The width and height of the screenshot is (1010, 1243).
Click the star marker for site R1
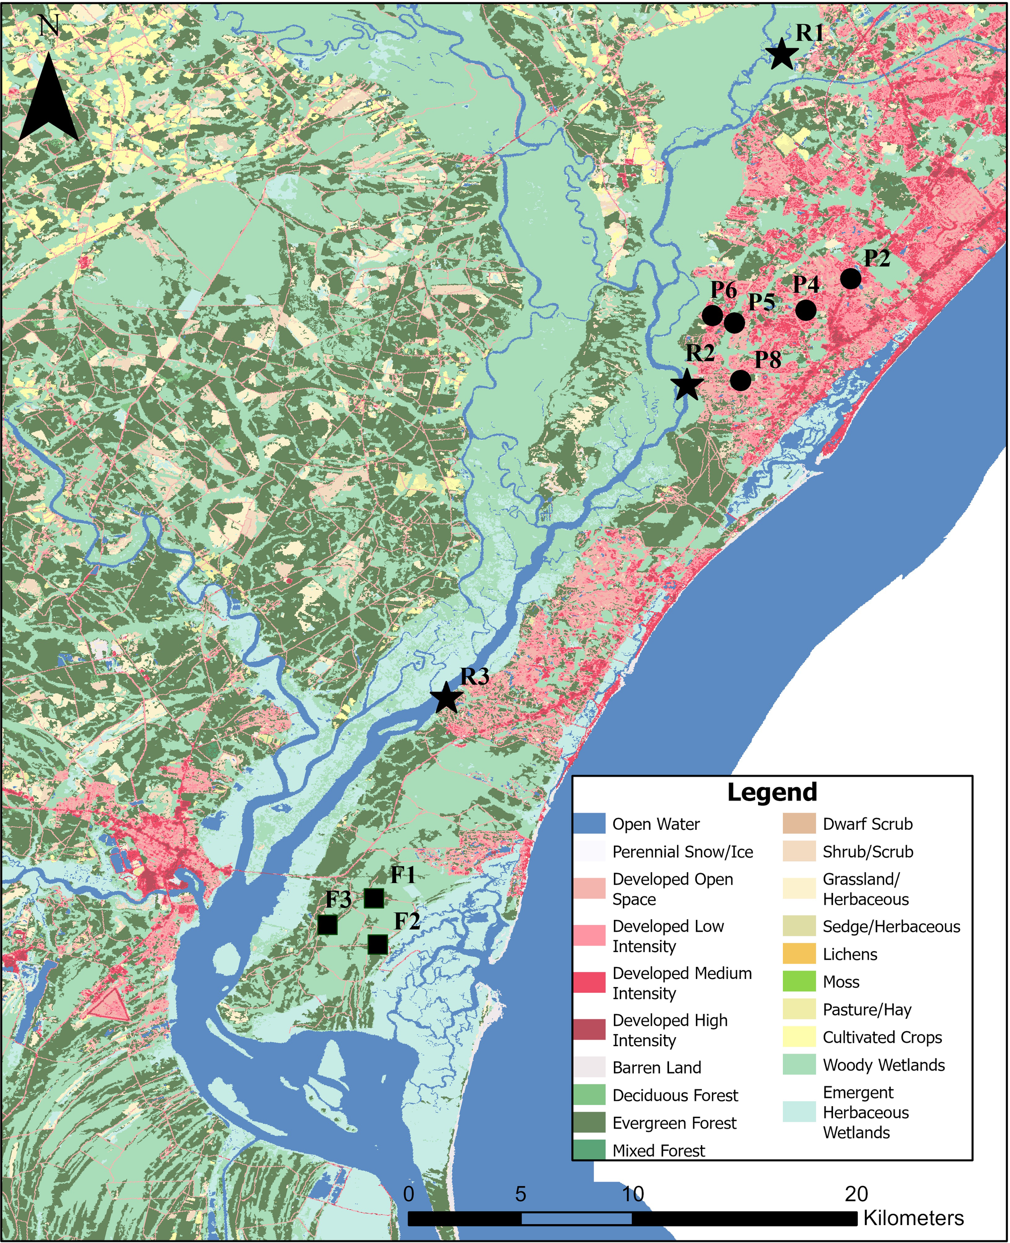point(781,54)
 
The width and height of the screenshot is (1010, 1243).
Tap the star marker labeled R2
point(686,385)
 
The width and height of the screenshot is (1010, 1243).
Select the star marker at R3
point(446,698)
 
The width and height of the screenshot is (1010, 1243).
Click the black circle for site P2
point(850,279)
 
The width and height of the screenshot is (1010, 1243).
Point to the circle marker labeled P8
point(740,380)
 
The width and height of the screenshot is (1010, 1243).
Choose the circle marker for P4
point(806,310)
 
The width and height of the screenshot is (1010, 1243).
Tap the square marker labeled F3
point(328,924)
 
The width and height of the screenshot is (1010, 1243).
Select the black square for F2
point(378,945)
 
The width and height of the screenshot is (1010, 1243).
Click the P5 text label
point(761,301)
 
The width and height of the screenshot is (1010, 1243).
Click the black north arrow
point(48,99)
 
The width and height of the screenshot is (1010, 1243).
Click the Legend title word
point(772,793)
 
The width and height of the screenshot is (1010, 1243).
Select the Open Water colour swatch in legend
point(589,824)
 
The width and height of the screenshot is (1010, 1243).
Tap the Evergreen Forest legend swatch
point(589,1123)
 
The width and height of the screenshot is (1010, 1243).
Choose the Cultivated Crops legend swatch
point(799,1038)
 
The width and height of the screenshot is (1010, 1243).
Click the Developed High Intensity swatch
point(589,1029)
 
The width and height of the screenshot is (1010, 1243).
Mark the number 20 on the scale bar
point(856,1194)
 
